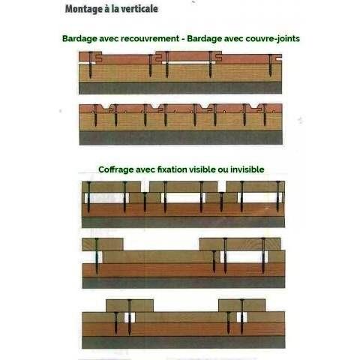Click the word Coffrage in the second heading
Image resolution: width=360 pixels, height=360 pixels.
click(x=115, y=169)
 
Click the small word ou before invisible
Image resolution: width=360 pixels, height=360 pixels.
click(x=223, y=170)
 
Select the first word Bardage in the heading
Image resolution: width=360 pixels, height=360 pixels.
click(x=79, y=39)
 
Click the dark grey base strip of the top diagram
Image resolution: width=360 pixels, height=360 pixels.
click(x=180, y=88)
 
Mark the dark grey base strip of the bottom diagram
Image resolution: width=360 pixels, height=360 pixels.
click(x=184, y=342)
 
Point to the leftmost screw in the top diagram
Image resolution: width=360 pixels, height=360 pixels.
click(x=91, y=64)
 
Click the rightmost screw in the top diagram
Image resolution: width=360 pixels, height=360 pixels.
click(x=270, y=65)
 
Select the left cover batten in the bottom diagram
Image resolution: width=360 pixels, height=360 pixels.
click(x=130, y=305)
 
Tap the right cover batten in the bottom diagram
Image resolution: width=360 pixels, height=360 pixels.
click(x=242, y=305)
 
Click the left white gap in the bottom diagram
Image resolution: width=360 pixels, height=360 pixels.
click(x=130, y=317)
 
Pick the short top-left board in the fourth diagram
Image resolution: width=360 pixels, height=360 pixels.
click(x=103, y=244)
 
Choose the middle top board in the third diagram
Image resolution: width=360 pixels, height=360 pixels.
click(x=183, y=187)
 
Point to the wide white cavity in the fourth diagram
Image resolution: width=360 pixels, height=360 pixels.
click(x=244, y=257)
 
